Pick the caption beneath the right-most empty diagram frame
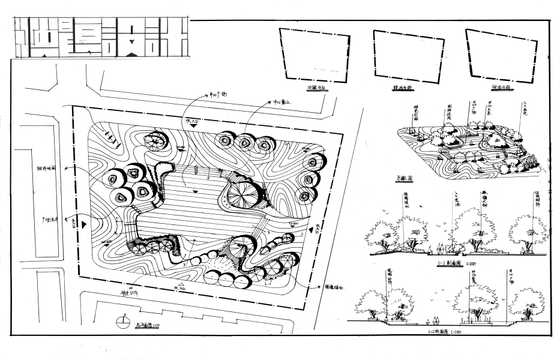[500, 88]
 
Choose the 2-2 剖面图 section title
[442, 331]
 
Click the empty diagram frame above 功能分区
[315, 56]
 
